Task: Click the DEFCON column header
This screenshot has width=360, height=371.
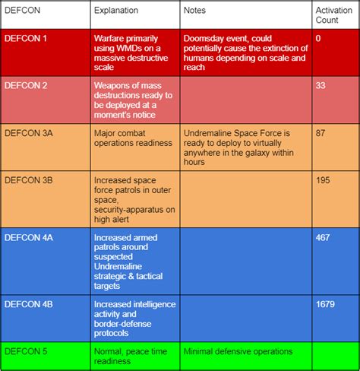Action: (22, 11)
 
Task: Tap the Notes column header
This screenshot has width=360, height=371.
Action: (194, 11)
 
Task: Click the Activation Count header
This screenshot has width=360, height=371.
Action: (333, 16)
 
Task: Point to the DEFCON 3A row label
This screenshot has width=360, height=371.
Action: (30, 132)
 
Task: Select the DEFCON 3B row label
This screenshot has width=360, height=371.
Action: (30, 179)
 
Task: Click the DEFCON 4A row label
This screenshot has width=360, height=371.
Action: (30, 238)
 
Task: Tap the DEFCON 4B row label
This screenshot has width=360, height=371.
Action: (30, 304)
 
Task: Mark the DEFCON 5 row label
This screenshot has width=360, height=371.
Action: (27, 351)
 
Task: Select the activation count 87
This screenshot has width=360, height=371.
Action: (320, 132)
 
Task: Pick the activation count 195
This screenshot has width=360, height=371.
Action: (322, 179)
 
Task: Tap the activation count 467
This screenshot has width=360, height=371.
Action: (322, 238)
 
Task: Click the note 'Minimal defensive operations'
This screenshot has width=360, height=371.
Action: (238, 351)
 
